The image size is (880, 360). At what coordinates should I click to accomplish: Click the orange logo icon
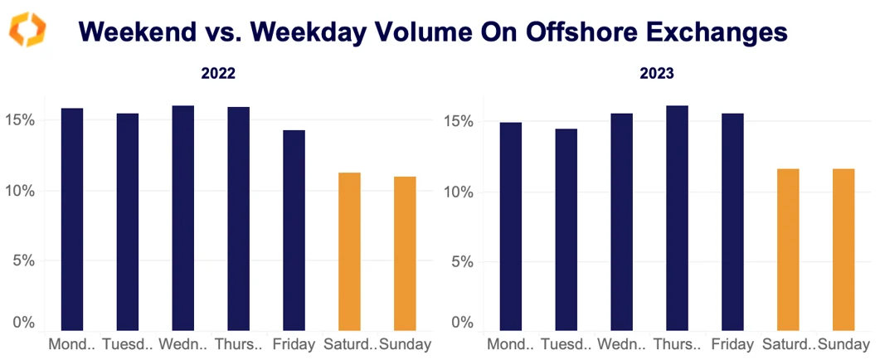pyautogui.click(x=27, y=31)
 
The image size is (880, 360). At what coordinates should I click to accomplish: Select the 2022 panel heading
pyautogui.click(x=218, y=73)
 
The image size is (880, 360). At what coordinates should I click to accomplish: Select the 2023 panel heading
pyautogui.click(x=657, y=73)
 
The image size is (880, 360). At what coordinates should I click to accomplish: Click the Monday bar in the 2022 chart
pyautogui.click(x=72, y=219)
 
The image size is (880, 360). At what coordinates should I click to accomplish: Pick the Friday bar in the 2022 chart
pyautogui.click(x=294, y=230)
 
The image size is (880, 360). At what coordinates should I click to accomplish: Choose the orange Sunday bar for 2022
pyautogui.click(x=405, y=253)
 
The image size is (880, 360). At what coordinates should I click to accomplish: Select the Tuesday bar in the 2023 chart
pyautogui.click(x=566, y=229)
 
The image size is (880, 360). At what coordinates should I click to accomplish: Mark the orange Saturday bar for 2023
pyautogui.click(x=788, y=249)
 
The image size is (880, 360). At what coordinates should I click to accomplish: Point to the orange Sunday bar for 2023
pyautogui.click(x=844, y=249)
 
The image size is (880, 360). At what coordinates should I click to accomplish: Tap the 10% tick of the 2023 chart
pyautogui.click(x=456, y=192)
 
